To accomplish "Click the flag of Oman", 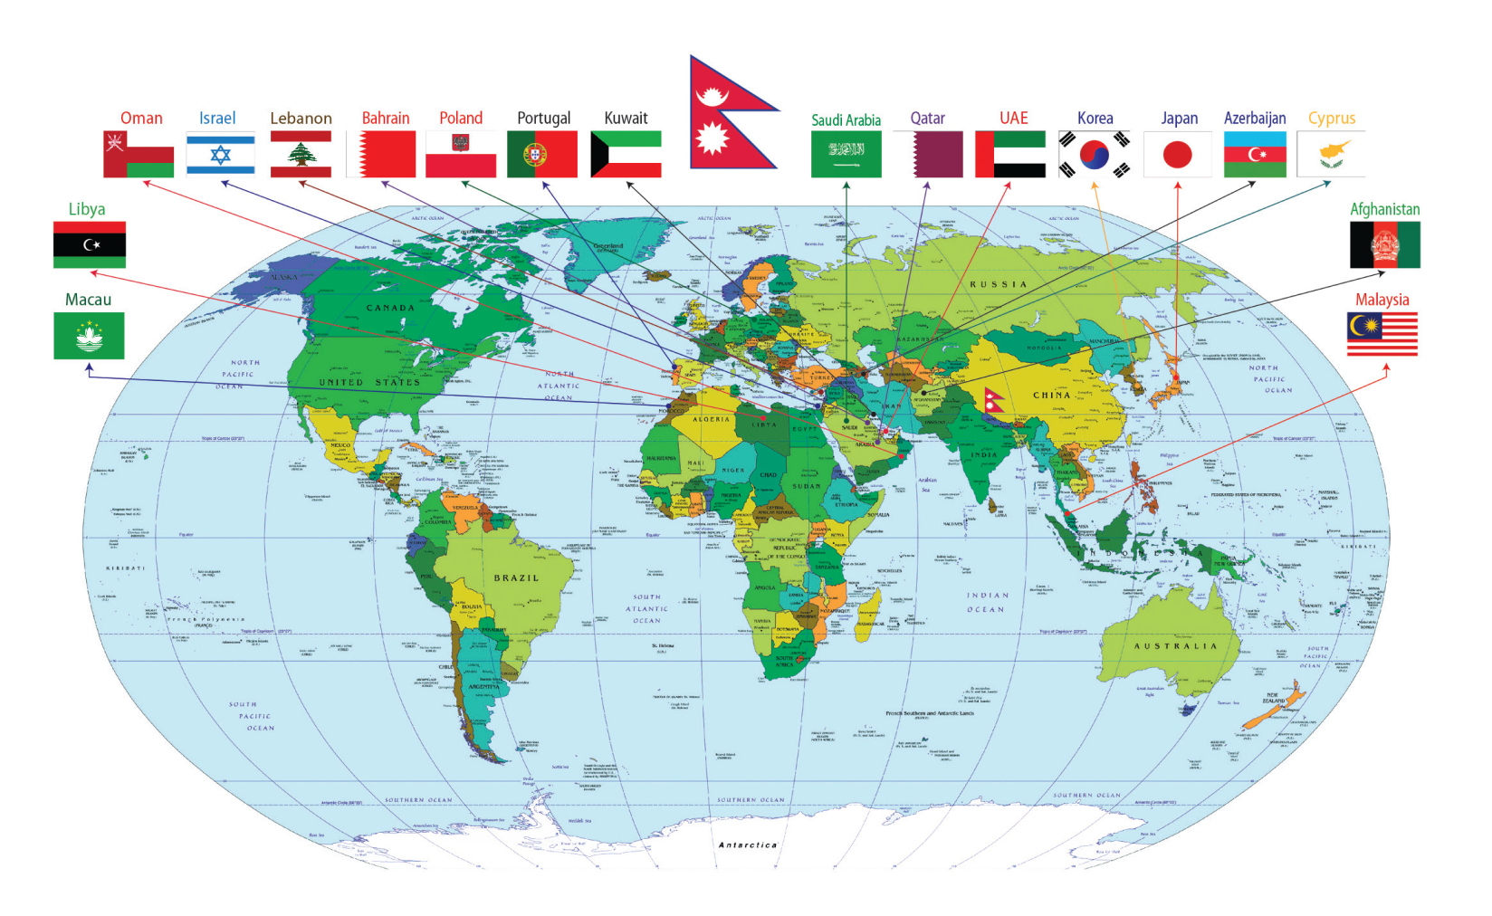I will [139, 154].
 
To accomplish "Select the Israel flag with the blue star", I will [220, 154].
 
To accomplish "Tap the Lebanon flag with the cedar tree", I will [301, 154].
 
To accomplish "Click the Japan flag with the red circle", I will [1177, 155].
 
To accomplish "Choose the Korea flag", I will [1095, 155].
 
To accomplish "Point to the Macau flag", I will [89, 336].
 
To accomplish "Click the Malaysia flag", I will [1382, 335].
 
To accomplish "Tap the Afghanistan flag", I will [1384, 245].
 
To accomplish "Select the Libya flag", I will [89, 245].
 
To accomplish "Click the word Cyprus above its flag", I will [1331, 119].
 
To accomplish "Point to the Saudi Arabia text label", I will [846, 120].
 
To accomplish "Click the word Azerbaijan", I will [1255, 119].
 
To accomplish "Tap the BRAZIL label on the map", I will [516, 577].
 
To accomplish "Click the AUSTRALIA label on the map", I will [1175, 646].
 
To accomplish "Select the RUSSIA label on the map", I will [999, 284].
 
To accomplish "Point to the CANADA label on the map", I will [390, 308].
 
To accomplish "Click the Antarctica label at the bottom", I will [748, 844].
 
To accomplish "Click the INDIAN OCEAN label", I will [986, 602].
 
